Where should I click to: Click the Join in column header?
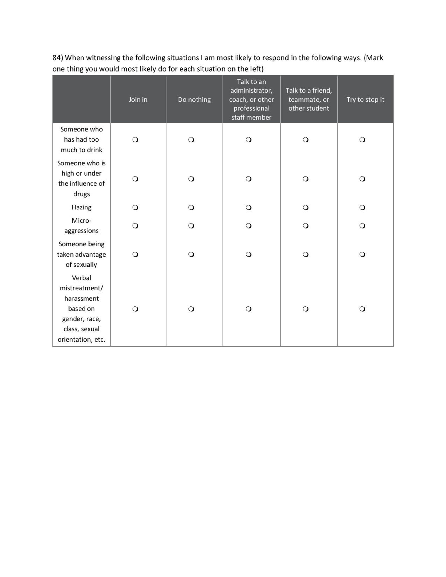point(138,100)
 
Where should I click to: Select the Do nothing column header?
point(194,100)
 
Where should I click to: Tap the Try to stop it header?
point(365,100)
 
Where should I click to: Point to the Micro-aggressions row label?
point(81,226)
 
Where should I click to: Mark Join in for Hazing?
point(135,208)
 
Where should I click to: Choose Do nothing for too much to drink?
point(191,140)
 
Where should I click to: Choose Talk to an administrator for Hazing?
point(249,208)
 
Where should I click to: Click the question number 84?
point(57,58)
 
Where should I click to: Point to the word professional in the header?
point(251,108)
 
